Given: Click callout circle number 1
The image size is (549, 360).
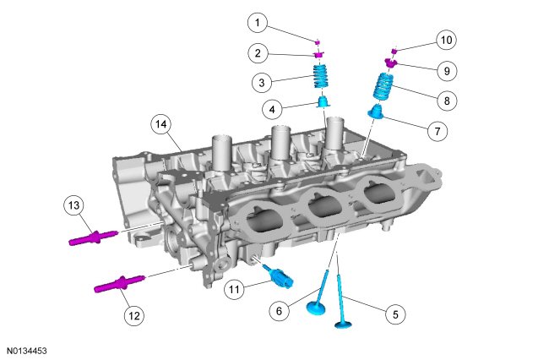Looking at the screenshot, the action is [258, 23].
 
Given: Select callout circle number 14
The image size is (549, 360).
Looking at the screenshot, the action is [161, 124].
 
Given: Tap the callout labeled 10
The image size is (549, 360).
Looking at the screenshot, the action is [447, 40].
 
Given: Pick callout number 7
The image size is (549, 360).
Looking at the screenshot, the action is [438, 131].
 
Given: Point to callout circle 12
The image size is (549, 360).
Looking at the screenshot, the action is [134, 316].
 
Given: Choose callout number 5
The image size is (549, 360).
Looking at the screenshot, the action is [395, 314].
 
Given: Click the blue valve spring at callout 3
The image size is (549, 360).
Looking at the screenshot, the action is [322, 76].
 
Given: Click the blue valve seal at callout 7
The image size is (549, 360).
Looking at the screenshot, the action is [375, 111].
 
